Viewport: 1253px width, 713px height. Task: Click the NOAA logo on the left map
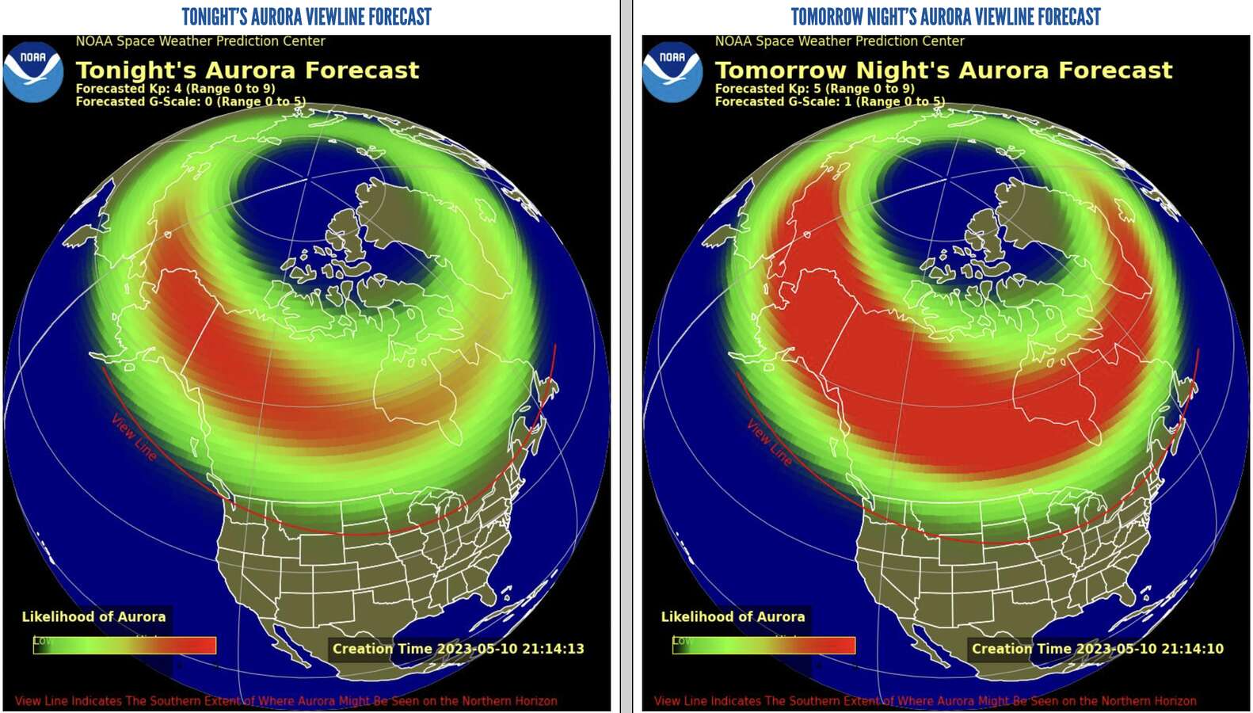click(x=33, y=72)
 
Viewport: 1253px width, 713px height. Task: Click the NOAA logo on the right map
click(x=672, y=72)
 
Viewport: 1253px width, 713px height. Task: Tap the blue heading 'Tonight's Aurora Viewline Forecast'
click(x=307, y=17)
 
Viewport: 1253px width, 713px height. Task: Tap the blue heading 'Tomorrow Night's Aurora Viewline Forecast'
click(x=946, y=17)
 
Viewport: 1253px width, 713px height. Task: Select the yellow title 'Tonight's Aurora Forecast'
click(x=247, y=71)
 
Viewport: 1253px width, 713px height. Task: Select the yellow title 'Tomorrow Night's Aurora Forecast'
click(x=943, y=71)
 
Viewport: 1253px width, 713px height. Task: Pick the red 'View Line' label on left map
click(x=133, y=437)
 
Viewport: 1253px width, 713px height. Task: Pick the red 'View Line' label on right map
click(x=768, y=442)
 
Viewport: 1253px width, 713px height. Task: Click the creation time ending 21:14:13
click(x=458, y=649)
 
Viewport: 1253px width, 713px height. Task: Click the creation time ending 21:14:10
click(x=1097, y=649)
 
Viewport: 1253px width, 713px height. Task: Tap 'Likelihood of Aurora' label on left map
click(x=93, y=616)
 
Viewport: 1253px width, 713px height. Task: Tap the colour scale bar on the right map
click(x=764, y=646)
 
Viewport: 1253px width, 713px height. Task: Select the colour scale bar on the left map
click(x=124, y=646)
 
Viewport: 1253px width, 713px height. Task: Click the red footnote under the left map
click(x=286, y=701)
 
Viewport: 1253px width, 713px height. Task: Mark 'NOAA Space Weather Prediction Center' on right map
click(x=840, y=41)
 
